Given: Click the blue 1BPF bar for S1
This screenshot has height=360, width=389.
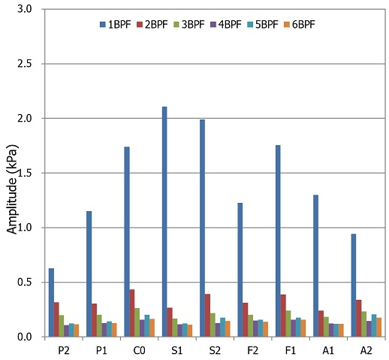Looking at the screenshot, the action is (164, 222).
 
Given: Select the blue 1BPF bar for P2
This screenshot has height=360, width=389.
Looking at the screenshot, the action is (51, 302).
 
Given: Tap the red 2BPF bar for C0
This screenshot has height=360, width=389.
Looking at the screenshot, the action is (132, 313).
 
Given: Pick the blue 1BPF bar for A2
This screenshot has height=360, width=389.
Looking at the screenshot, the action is (354, 286).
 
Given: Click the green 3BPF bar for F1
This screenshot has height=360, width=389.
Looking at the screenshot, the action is (288, 324).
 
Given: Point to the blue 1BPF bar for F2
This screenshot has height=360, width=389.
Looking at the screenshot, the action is (240, 270).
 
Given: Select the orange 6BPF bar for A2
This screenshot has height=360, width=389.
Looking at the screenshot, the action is (378, 327).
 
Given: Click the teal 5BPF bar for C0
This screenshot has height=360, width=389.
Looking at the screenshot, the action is (147, 325).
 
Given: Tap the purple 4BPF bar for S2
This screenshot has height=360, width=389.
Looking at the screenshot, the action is (218, 330).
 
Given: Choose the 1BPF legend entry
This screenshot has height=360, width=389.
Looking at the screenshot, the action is (116, 25).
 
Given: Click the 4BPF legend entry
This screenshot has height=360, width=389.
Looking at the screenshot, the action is (226, 25).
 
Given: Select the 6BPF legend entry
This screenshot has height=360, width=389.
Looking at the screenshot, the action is (300, 25).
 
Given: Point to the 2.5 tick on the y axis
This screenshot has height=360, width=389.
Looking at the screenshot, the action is (25, 64).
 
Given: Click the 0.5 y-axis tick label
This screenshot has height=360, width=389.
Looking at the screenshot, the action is (25, 283).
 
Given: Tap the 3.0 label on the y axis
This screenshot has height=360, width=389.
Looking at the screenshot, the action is (25, 9).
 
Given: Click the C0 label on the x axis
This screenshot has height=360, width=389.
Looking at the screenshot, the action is (139, 350).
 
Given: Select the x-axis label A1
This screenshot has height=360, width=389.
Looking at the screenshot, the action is (328, 350).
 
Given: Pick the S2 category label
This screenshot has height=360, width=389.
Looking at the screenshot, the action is (215, 350).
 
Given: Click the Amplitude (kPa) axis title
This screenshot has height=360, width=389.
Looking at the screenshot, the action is (12, 189).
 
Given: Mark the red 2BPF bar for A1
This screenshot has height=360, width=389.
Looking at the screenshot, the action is (321, 324).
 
